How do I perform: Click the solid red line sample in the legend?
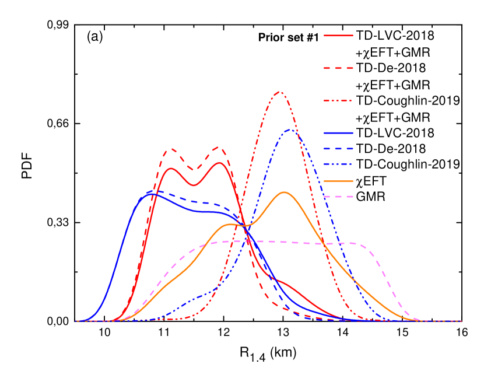point(338,36)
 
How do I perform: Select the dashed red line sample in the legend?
point(338,68)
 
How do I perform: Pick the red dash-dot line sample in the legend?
point(338,101)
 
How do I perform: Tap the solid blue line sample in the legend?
point(338,133)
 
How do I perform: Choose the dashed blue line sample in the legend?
point(338,149)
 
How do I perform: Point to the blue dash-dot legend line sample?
point(338,164)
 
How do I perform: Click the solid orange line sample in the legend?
point(338,181)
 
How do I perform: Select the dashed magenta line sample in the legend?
point(338,197)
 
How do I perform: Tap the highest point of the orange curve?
point(284,192)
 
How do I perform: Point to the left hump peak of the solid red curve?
point(172,169)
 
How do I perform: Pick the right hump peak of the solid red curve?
point(219,163)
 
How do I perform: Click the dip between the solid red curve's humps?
point(194,185)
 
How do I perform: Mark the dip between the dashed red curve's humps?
point(194,170)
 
